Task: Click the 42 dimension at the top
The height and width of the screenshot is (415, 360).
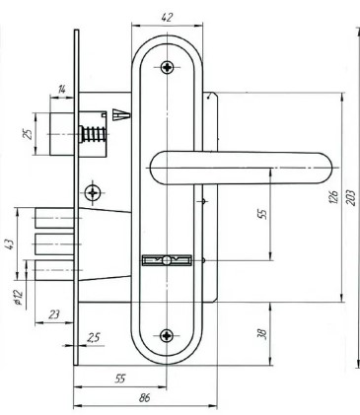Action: pyautogui.click(x=167, y=17)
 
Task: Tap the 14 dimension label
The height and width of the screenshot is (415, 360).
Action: pyautogui.click(x=62, y=89)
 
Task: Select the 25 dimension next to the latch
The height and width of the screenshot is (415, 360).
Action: pyautogui.click(x=29, y=134)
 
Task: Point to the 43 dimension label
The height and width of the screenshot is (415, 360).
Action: pyautogui.click(x=10, y=244)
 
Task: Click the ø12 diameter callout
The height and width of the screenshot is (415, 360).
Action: pyautogui.click(x=18, y=298)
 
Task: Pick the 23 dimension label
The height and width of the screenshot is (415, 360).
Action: pyautogui.click(x=54, y=314)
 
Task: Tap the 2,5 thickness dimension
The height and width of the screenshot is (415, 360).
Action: pyautogui.click(x=94, y=337)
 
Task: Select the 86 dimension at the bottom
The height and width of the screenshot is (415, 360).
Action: pyautogui.click(x=144, y=398)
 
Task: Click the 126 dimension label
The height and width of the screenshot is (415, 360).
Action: pyautogui.click(x=333, y=196)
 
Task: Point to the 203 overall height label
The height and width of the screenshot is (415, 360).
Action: pyautogui.click(x=351, y=197)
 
